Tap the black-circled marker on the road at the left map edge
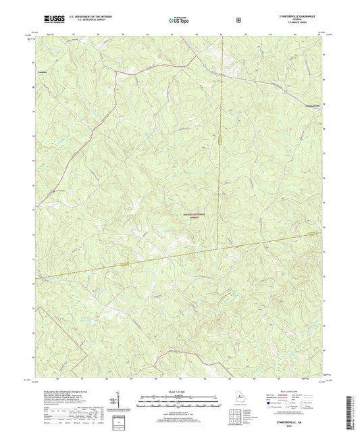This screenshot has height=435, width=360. coord(55,190)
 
